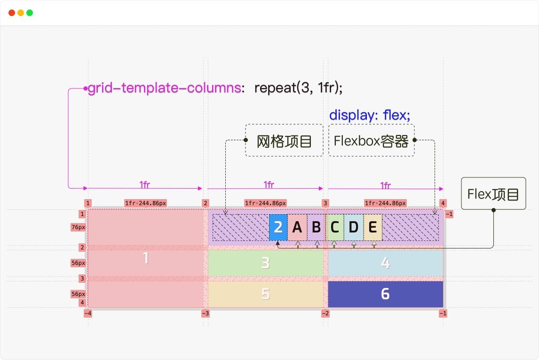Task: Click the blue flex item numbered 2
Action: pyautogui.click(x=278, y=227)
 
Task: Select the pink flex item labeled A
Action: pyautogui.click(x=297, y=227)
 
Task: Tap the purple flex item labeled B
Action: pyautogui.click(x=316, y=227)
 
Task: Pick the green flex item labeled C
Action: pyautogui.click(x=334, y=227)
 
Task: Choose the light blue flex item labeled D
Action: pyautogui.click(x=353, y=227)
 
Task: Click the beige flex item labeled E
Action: pyautogui.click(x=373, y=227)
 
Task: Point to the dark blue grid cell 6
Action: pyautogui.click(x=385, y=294)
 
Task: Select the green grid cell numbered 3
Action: pyautogui.click(x=265, y=263)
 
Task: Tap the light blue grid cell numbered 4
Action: pyautogui.click(x=385, y=263)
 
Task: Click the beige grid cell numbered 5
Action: pyautogui.click(x=265, y=294)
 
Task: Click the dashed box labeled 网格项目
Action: pyautogui.click(x=284, y=140)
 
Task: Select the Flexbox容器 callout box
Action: pyautogui.click(x=371, y=140)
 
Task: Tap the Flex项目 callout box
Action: pyautogui.click(x=493, y=193)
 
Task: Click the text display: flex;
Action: pyautogui.click(x=370, y=115)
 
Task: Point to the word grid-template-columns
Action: pyautogui.click(x=164, y=88)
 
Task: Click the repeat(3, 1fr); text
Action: pyautogui.click(x=299, y=88)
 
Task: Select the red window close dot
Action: pyautogui.click(x=12, y=13)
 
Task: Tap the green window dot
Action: pyautogui.click(x=30, y=13)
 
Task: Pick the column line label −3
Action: pyautogui.click(x=206, y=313)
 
